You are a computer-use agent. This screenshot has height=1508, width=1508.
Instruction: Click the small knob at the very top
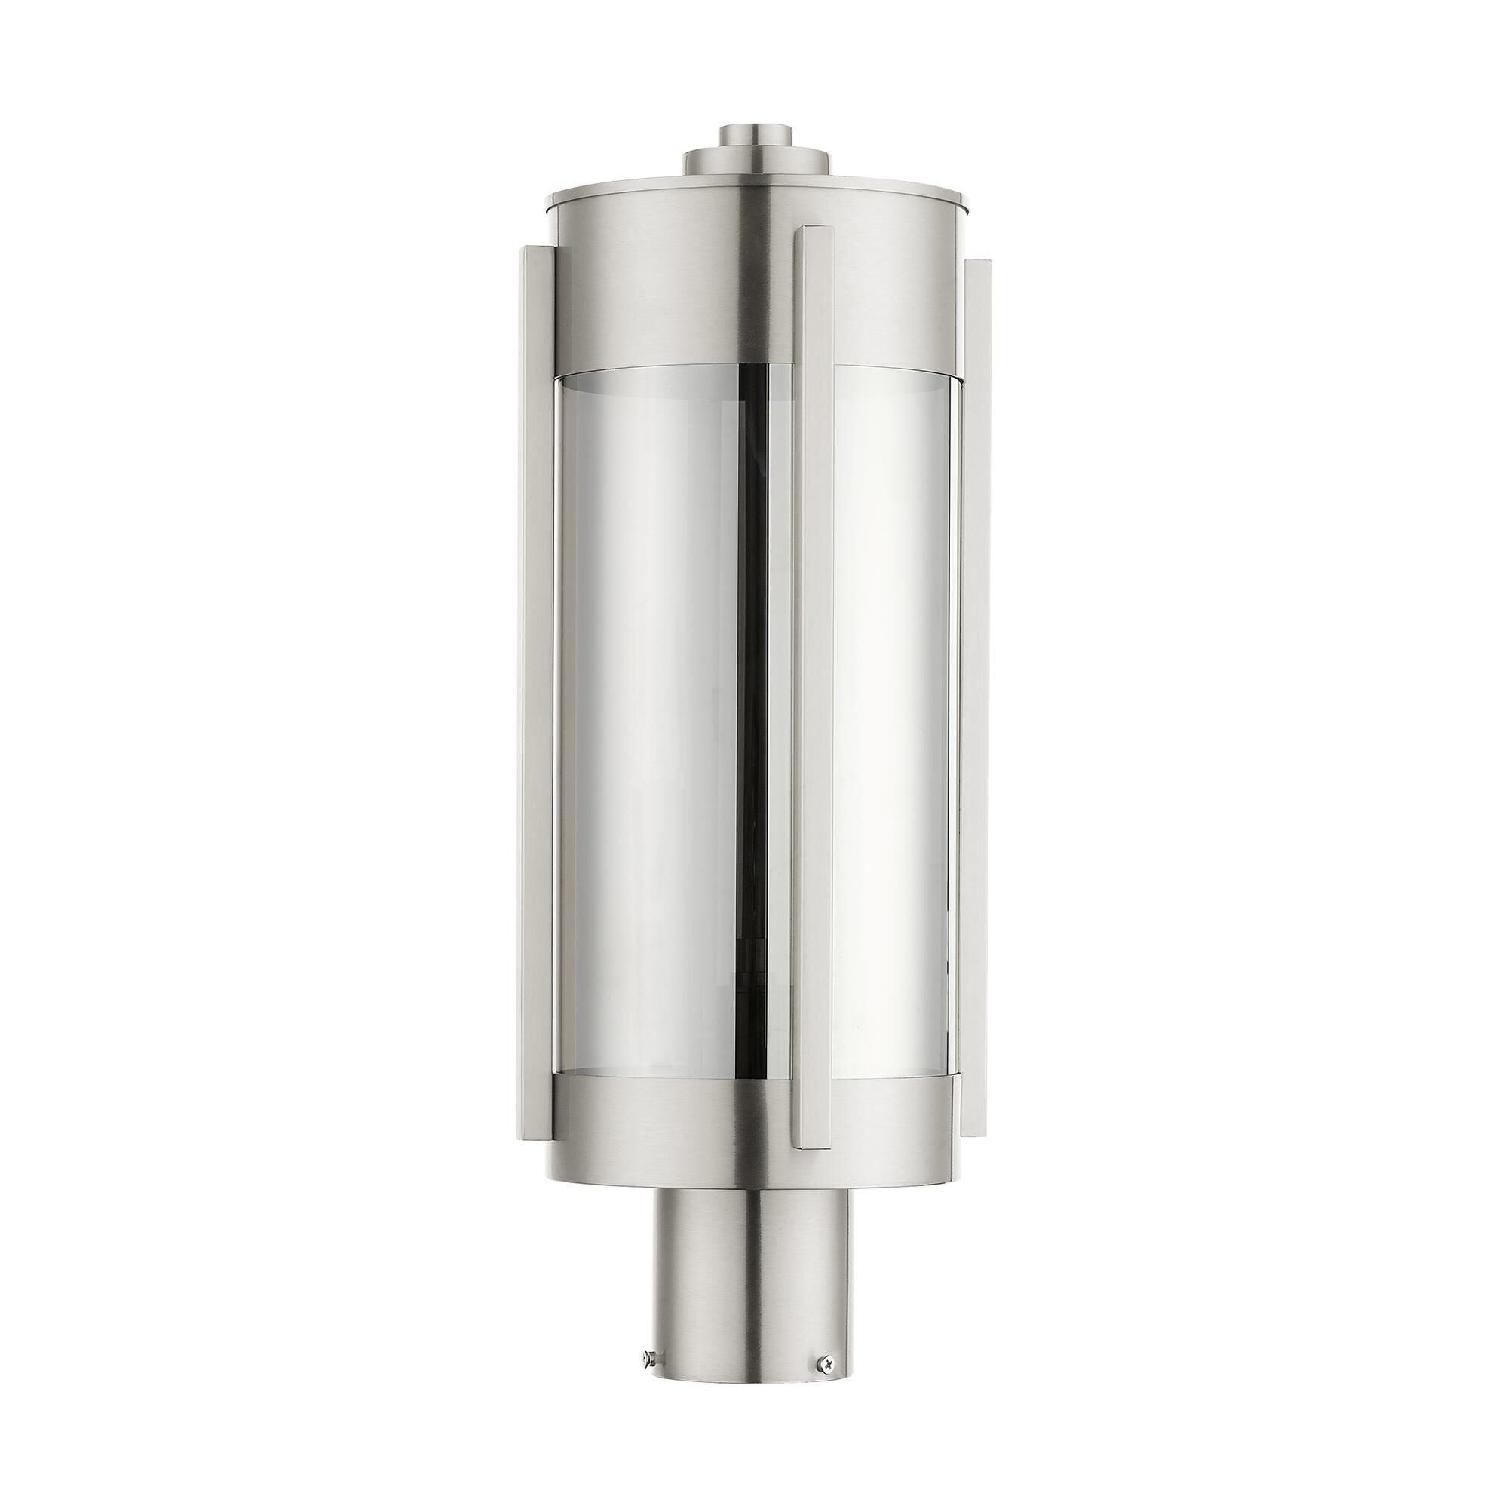(753, 134)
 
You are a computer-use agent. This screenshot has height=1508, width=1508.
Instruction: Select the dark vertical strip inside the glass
(754, 703)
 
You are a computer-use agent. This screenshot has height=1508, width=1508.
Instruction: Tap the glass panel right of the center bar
(890, 703)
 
